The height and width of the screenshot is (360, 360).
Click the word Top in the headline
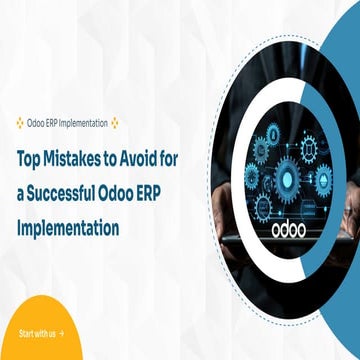[x=28, y=158]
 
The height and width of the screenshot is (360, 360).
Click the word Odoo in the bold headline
[x=129, y=193]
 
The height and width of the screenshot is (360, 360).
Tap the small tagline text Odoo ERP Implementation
[x=68, y=123]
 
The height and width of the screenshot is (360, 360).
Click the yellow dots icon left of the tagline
[x=21, y=123]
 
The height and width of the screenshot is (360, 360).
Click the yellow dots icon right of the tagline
[x=115, y=123]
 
